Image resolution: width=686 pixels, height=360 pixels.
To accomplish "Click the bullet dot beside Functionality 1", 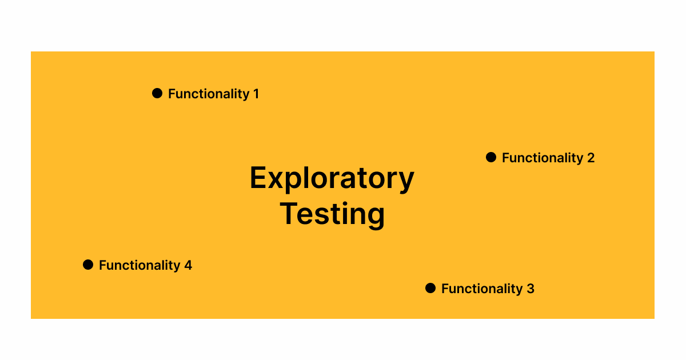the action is click(x=157, y=93).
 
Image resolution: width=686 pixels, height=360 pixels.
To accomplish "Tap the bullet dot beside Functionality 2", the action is click(x=491, y=157).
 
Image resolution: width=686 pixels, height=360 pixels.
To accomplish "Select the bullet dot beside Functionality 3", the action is click(x=430, y=288).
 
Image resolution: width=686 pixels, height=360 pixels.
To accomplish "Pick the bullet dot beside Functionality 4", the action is click(x=88, y=265).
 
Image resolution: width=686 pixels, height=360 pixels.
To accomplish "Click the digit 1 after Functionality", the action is click(x=256, y=94).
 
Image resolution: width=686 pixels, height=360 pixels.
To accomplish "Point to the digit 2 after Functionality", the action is click(x=591, y=158).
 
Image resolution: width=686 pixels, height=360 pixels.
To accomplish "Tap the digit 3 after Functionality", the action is click(x=531, y=289).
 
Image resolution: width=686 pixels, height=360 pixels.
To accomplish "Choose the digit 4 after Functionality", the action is click(x=188, y=265).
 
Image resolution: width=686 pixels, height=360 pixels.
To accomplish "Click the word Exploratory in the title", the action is click(x=332, y=179).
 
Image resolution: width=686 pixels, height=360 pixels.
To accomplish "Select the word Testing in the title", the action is click(x=332, y=215).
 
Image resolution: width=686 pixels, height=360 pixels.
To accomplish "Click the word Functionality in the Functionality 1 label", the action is click(x=209, y=94).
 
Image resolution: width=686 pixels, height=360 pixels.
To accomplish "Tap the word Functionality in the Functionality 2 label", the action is click(x=543, y=158).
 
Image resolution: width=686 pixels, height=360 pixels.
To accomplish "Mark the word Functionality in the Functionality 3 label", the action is click(x=482, y=289).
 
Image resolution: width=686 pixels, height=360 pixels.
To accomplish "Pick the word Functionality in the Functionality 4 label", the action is click(x=139, y=265).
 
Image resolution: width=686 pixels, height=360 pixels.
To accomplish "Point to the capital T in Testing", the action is click(x=289, y=213).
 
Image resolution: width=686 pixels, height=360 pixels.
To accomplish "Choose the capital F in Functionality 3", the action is click(x=445, y=289).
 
